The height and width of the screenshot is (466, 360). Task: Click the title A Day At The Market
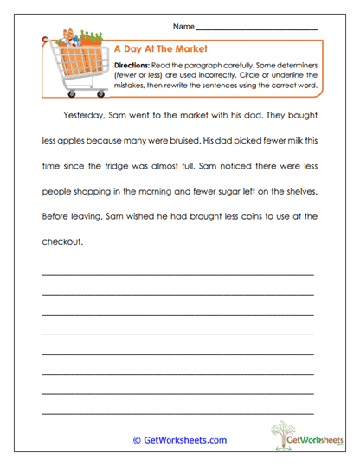157,49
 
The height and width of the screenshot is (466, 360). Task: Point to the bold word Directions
132,65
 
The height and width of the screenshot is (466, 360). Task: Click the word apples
73,141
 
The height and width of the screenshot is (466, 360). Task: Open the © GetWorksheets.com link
179,440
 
